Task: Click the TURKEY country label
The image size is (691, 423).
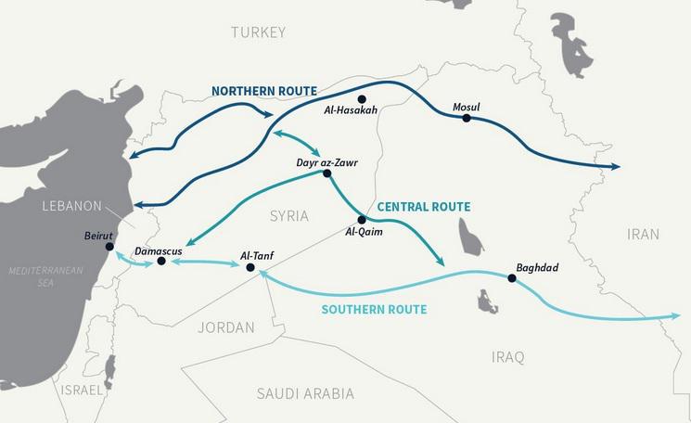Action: (x=259, y=32)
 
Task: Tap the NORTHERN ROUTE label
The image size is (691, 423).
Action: (x=264, y=91)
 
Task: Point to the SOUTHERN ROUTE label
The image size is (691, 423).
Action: (x=374, y=309)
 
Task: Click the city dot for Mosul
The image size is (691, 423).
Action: (x=467, y=118)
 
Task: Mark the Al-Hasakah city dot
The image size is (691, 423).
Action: (x=362, y=98)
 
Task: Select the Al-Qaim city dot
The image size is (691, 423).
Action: (x=362, y=220)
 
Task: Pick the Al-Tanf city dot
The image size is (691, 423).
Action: (x=250, y=267)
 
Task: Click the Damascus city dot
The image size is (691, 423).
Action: (x=161, y=262)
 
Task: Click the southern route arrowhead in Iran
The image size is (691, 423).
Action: (x=675, y=316)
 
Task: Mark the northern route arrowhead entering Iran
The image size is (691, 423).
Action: (x=614, y=167)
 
